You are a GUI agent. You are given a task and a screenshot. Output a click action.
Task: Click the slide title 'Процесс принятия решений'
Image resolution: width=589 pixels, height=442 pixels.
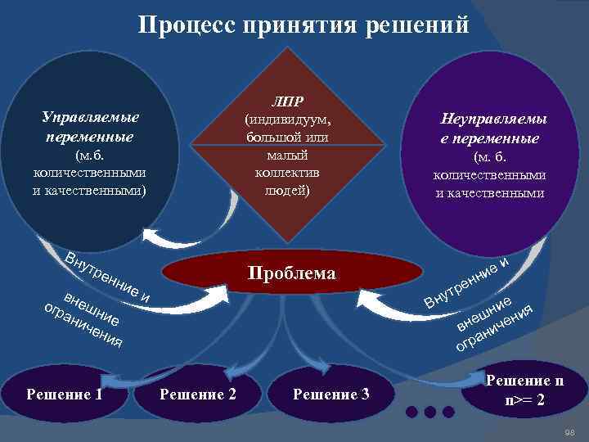pyautogui.click(x=303, y=25)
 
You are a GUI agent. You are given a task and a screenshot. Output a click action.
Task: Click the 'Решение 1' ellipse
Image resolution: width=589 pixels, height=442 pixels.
pyautogui.click(x=65, y=394)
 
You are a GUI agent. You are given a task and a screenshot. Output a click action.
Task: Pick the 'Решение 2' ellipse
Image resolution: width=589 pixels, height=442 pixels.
pyautogui.click(x=198, y=394)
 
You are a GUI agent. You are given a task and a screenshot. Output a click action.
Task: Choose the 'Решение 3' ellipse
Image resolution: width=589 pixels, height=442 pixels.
pyautogui.click(x=331, y=395)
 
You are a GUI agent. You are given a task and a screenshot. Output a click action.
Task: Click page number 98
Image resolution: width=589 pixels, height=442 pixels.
pyautogui.click(x=571, y=431)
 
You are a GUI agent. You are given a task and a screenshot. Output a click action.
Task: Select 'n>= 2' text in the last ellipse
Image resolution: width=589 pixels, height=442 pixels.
pyautogui.click(x=524, y=402)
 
